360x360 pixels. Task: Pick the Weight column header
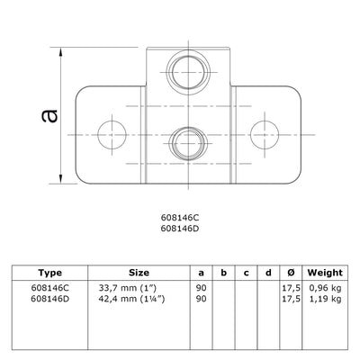(x=325, y=272)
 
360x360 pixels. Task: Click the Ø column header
(x=289, y=272)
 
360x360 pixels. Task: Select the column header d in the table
(x=266, y=272)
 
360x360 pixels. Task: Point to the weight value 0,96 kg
(x=325, y=287)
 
